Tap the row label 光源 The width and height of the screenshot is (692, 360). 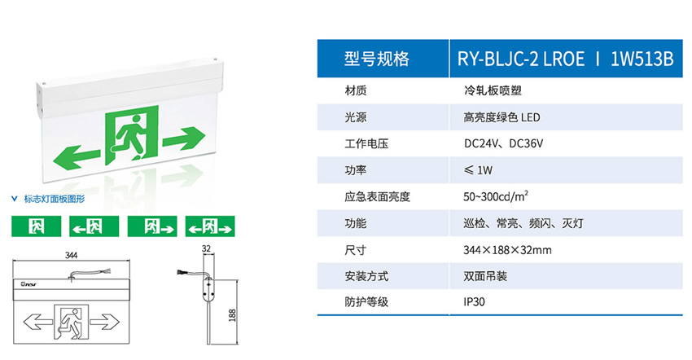click(x=356, y=117)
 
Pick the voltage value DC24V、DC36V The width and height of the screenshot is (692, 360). click(x=503, y=143)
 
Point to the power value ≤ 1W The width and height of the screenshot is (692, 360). click(x=479, y=170)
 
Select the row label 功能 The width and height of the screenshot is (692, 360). click(x=356, y=222)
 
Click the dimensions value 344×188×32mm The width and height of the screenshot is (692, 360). click(x=507, y=249)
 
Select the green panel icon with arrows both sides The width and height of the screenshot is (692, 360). click(x=209, y=226)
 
